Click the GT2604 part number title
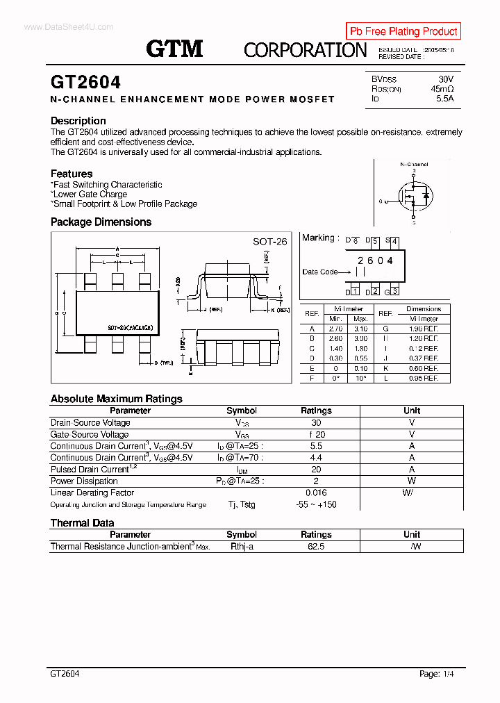[x=85, y=82]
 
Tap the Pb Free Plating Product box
[x=403, y=31]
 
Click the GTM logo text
[x=174, y=49]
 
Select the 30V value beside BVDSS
[x=445, y=79]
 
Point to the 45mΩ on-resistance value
[x=442, y=89]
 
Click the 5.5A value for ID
[x=444, y=99]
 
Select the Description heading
[x=78, y=121]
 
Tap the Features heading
[x=72, y=174]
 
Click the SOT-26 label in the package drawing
[x=269, y=242]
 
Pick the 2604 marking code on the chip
[x=375, y=260]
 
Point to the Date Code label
[x=320, y=272]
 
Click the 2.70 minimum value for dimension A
[x=335, y=329]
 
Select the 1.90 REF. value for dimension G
[x=424, y=329]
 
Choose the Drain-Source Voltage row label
[x=90, y=423]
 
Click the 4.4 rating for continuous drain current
[x=316, y=458]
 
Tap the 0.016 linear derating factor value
[x=316, y=493]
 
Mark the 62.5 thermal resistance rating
[x=316, y=547]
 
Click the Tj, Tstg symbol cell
[x=242, y=504]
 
